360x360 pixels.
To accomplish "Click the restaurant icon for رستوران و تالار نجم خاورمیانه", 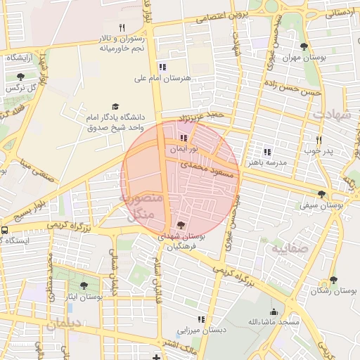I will [122, 27].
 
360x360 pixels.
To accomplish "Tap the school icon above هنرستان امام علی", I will [163, 67].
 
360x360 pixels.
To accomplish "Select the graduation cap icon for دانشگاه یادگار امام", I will [115, 106].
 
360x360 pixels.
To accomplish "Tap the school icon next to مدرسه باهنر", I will [266, 151].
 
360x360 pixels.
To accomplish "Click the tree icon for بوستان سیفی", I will [321, 194].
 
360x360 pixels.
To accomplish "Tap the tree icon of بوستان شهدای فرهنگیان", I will [182, 225].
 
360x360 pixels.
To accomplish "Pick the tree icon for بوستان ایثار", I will [84, 285].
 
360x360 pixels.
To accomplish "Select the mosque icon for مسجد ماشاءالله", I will [274, 311].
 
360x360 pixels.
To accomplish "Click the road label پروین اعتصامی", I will [231, 15].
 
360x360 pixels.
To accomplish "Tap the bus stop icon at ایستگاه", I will [5, 230].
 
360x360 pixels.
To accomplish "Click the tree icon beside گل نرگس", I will [20, 76].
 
